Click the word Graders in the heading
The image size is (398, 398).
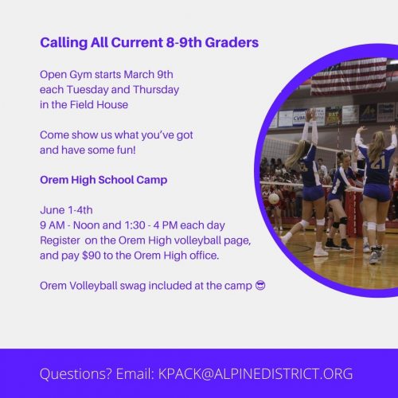pos(232,42)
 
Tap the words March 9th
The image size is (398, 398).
pos(148,75)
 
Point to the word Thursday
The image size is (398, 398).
pos(156,90)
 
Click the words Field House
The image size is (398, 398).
pos(99,104)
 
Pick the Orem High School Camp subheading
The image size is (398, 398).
pos(103,180)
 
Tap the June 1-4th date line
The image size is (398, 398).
pos(66,210)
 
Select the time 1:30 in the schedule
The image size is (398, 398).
pos(135,225)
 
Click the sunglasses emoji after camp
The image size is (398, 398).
pos(260,286)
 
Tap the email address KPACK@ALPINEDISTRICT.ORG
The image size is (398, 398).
pos(256,374)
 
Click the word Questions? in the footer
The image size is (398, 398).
pos(76,374)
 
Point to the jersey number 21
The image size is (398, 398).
pos(378,163)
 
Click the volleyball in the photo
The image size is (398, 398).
pos(274,198)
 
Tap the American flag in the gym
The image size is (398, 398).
pos(349,76)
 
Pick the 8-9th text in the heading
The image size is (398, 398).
pos(184,42)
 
